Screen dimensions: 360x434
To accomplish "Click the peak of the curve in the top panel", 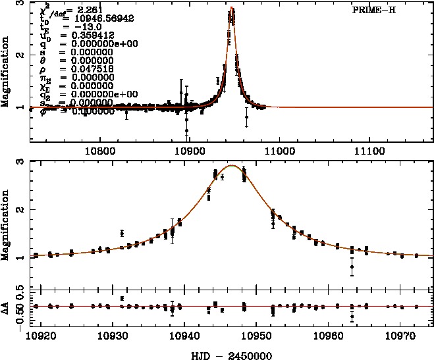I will (232, 9).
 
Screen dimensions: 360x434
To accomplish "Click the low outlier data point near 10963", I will (352, 267).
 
